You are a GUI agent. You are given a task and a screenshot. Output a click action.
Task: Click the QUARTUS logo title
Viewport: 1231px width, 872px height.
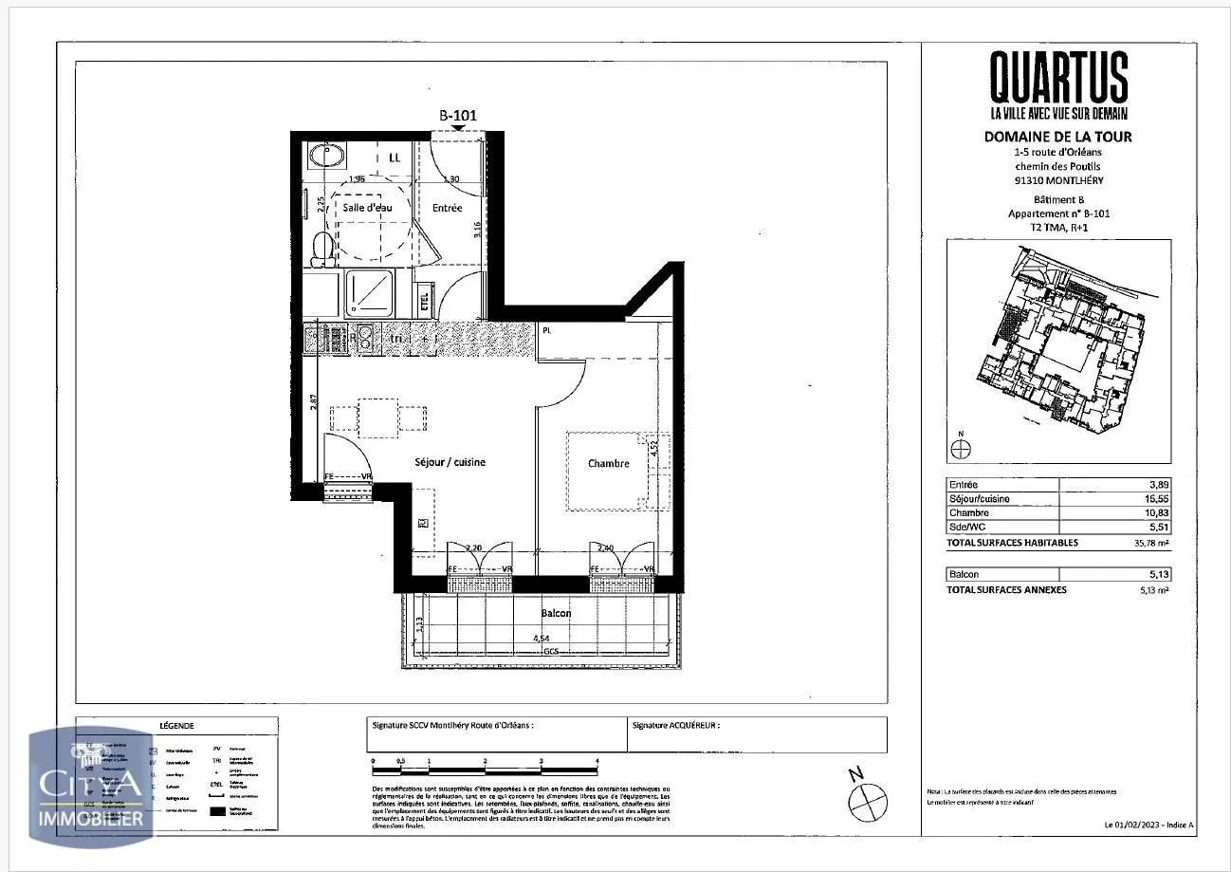click(x=1058, y=77)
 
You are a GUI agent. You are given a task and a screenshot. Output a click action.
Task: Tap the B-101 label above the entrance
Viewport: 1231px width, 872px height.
click(x=457, y=115)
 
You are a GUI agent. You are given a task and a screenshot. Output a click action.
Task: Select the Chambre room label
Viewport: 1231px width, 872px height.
click(x=608, y=463)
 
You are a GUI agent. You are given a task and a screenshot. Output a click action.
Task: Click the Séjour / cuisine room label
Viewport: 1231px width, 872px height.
click(x=450, y=462)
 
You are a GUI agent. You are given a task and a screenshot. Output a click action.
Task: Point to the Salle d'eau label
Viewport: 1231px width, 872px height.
click(x=367, y=207)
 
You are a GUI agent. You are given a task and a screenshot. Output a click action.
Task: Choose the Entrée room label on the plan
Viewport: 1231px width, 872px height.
click(x=447, y=207)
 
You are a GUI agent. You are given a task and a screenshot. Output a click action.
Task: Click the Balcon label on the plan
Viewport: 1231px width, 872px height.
click(x=556, y=613)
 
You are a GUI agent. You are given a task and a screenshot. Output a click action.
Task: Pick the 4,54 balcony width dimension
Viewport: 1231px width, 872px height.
click(x=542, y=639)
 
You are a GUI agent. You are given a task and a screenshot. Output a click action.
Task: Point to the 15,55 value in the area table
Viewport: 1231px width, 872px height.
click(x=1157, y=498)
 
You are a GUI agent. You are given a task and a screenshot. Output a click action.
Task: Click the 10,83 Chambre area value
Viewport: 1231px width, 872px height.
click(x=1157, y=512)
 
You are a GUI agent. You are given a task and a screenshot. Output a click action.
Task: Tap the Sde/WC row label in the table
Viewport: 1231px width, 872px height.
click(x=965, y=527)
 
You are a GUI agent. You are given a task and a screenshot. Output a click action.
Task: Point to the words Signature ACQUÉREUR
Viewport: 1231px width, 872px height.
click(x=675, y=724)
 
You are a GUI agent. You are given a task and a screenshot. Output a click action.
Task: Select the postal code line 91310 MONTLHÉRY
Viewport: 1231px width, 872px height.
click(x=1057, y=180)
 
